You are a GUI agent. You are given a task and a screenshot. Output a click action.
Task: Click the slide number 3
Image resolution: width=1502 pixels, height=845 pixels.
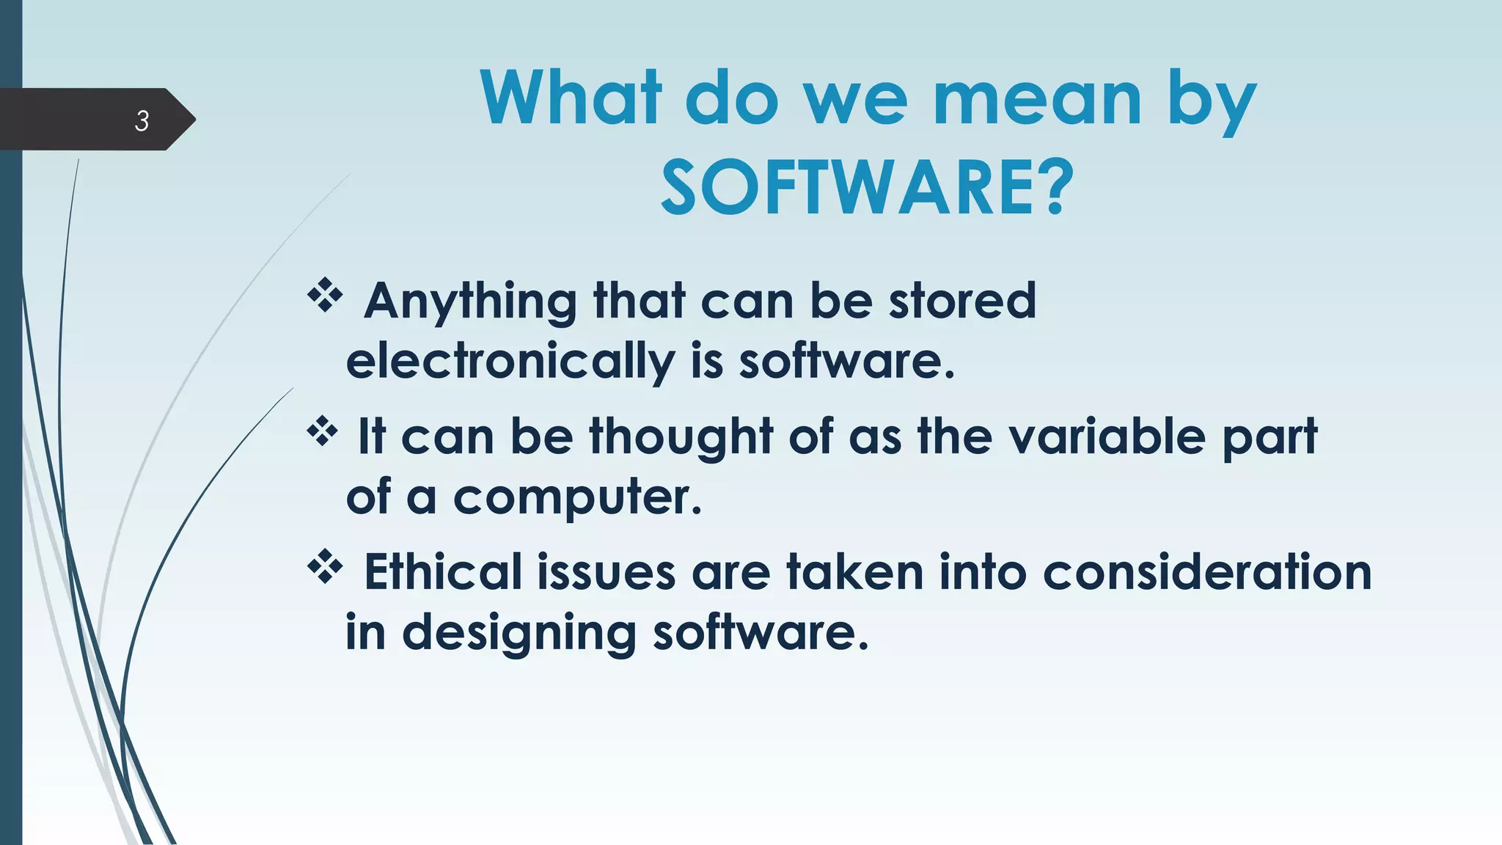click(x=142, y=120)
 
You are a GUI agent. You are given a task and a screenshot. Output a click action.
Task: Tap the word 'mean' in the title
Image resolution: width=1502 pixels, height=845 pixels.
click(x=1037, y=98)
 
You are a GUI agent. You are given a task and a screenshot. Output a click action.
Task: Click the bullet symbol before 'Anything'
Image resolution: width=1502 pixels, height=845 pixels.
click(x=325, y=296)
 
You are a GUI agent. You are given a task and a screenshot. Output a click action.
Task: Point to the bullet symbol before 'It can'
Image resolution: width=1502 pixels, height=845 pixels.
click(x=323, y=431)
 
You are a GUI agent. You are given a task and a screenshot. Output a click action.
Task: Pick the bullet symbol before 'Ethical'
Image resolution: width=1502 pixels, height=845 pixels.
click(x=325, y=567)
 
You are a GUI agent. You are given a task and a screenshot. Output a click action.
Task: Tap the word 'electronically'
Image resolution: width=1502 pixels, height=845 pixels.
click(x=510, y=362)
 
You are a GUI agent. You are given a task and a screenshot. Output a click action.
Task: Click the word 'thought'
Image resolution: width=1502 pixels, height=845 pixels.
click(x=681, y=436)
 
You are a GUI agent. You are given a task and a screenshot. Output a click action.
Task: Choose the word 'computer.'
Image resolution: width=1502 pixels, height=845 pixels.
click(x=577, y=498)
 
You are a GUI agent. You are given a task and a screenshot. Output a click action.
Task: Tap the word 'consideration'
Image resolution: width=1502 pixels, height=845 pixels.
click(x=1206, y=572)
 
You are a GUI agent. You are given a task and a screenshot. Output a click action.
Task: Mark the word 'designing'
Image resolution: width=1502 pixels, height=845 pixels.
click(x=519, y=633)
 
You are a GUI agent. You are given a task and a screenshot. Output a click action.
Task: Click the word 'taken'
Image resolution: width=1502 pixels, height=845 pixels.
click(x=854, y=572)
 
